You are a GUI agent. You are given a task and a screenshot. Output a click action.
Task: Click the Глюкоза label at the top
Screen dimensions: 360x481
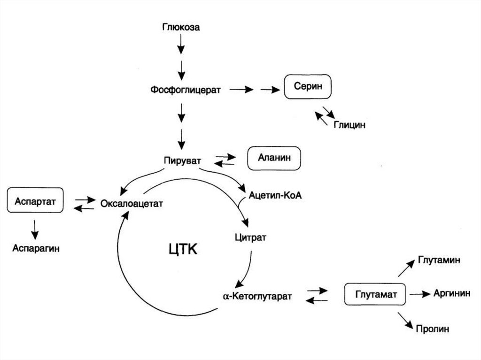181,27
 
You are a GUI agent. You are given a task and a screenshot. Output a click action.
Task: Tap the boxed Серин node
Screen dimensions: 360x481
308,87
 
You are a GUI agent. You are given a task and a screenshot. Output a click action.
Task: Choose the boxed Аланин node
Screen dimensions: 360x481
274,158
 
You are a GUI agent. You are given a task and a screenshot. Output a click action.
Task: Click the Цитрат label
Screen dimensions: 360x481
250,237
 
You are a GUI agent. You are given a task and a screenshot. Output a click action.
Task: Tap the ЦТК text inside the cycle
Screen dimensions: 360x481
183,249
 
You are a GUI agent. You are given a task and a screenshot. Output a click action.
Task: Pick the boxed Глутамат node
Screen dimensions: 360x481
377,295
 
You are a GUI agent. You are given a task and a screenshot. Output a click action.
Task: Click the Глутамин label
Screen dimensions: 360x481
439,260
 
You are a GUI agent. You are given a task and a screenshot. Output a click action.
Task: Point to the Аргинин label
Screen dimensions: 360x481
452,293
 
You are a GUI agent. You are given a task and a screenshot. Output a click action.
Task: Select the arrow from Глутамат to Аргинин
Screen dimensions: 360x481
419,294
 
